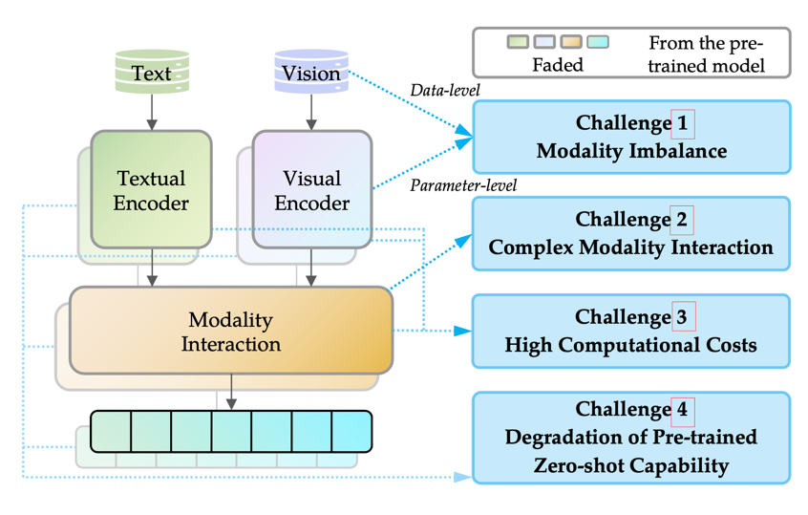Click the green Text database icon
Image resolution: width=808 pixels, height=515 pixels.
tap(151, 73)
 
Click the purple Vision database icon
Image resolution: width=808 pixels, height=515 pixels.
tap(310, 73)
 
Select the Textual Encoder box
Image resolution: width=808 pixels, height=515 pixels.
tap(152, 189)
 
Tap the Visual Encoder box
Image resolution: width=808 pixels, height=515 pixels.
tap(311, 189)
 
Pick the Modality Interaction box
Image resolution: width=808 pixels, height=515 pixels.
tap(230, 331)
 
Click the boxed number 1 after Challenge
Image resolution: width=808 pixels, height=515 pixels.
tap(683, 123)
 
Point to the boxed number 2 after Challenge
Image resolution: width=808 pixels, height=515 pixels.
tap(683, 220)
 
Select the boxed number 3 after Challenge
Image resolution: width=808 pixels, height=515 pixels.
tap(684, 316)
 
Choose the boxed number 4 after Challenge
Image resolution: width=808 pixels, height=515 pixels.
tap(683, 410)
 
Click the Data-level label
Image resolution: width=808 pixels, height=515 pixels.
tap(445, 91)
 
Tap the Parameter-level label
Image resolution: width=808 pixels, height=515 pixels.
tap(463, 185)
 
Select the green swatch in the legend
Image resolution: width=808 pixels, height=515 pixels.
tap(518, 43)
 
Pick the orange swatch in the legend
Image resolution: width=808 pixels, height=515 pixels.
tap(571, 43)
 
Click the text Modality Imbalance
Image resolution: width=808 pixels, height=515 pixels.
tap(631, 151)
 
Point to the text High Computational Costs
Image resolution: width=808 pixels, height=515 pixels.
tap(631, 344)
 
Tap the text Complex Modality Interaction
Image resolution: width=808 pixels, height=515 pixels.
tap(631, 247)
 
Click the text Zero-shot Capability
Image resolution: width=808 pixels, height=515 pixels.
tap(631, 465)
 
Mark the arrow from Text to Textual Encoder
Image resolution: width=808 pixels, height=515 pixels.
tap(151, 113)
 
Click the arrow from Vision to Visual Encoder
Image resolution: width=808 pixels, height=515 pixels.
tap(310, 113)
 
